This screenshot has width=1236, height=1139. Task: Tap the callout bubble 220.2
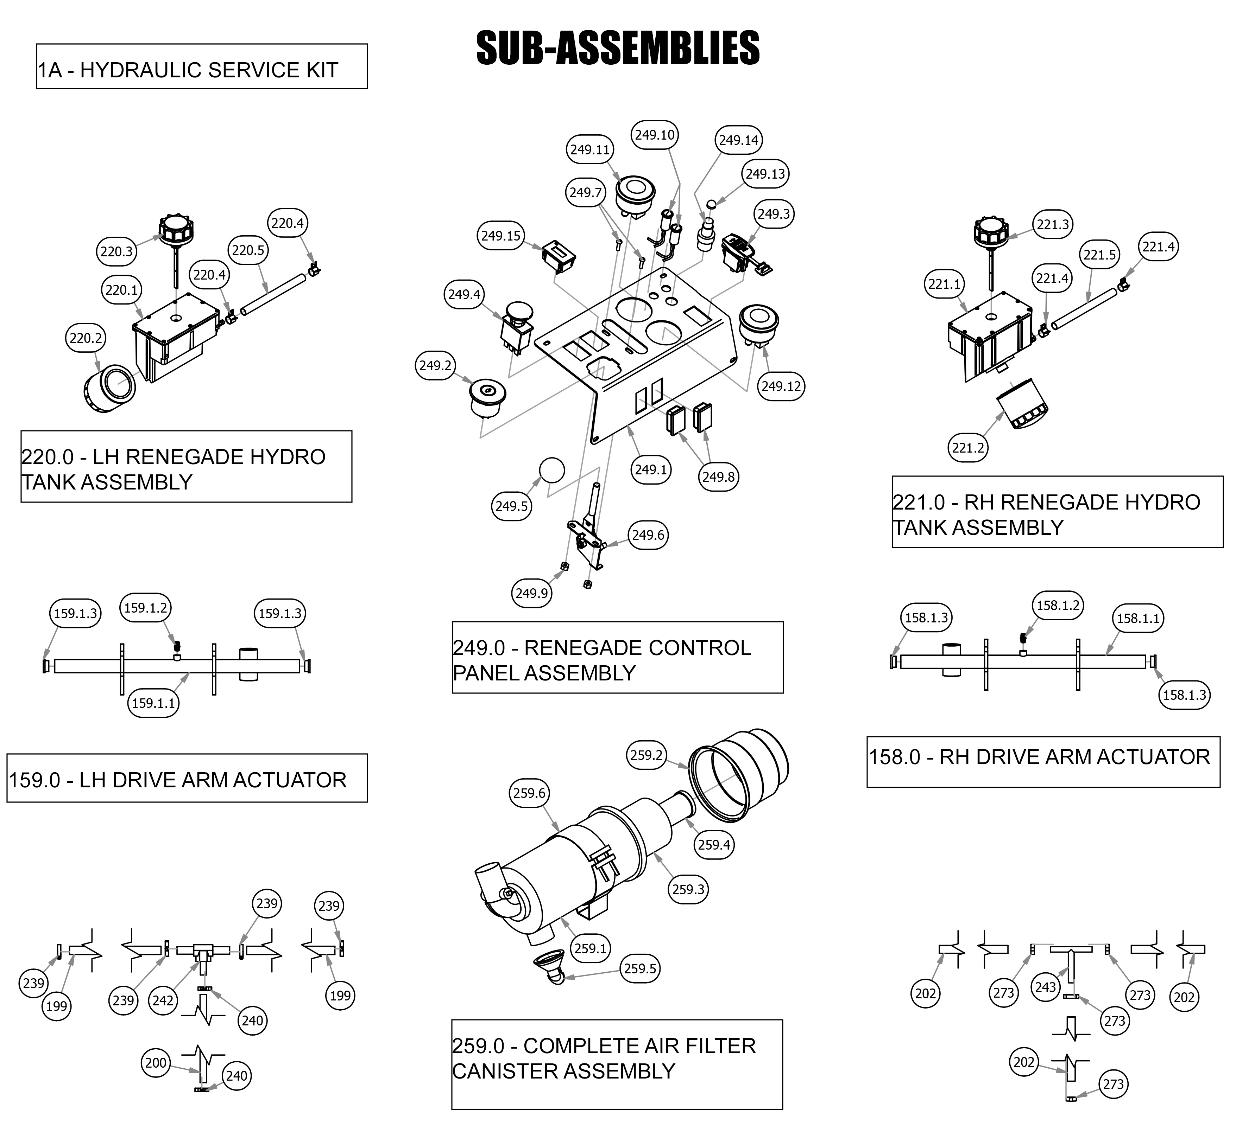[x=86, y=338]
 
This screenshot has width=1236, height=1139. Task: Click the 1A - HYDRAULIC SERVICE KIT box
[x=202, y=66]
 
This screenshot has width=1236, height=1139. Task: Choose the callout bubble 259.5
[x=639, y=968]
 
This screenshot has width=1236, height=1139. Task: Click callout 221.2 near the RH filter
[x=968, y=447]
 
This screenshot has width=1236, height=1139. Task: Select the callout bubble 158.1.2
[x=1058, y=605]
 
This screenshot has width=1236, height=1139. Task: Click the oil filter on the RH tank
[x=1023, y=404]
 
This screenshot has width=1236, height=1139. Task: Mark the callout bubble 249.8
[x=719, y=476]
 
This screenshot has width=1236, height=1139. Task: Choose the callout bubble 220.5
[x=248, y=250]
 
